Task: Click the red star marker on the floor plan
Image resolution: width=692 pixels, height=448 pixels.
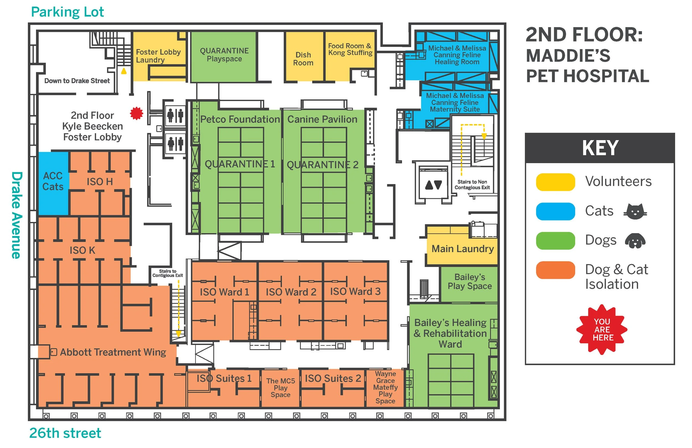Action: pyautogui.click(x=136, y=114)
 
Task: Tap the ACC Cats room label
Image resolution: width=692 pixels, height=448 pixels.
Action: pyautogui.click(x=53, y=181)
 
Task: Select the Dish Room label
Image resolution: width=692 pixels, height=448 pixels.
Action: pyautogui.click(x=303, y=59)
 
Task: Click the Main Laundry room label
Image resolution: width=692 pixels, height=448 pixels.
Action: pyautogui.click(x=462, y=249)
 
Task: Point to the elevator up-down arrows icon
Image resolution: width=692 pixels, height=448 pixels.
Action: pyautogui.click(x=433, y=185)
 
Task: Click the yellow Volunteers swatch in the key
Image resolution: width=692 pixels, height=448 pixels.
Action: pyautogui.click(x=555, y=182)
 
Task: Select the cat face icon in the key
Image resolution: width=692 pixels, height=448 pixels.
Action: pyautogui.click(x=635, y=212)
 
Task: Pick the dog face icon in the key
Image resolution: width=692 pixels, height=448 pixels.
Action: pyautogui.click(x=635, y=241)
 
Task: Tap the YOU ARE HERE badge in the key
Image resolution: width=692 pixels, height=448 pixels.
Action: pyautogui.click(x=601, y=329)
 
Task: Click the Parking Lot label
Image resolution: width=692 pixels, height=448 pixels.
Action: pyautogui.click(x=67, y=12)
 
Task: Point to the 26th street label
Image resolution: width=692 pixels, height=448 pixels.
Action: pyautogui.click(x=65, y=433)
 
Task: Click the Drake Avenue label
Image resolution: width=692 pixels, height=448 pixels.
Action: pyautogui.click(x=17, y=215)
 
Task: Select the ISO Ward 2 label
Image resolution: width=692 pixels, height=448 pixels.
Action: pyautogui.click(x=291, y=292)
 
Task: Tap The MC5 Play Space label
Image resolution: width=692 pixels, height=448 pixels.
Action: pyautogui.click(x=280, y=388)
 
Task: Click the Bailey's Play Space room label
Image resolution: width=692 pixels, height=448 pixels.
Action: pyautogui.click(x=469, y=282)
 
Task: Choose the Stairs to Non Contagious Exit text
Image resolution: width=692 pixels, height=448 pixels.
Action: pyautogui.click(x=472, y=185)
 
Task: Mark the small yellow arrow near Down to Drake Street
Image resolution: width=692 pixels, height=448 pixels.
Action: pyautogui.click(x=124, y=71)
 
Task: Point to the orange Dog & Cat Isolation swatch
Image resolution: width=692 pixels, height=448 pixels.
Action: pyautogui.click(x=555, y=270)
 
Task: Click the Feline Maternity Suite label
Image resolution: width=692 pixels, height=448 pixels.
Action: pyautogui.click(x=455, y=102)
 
